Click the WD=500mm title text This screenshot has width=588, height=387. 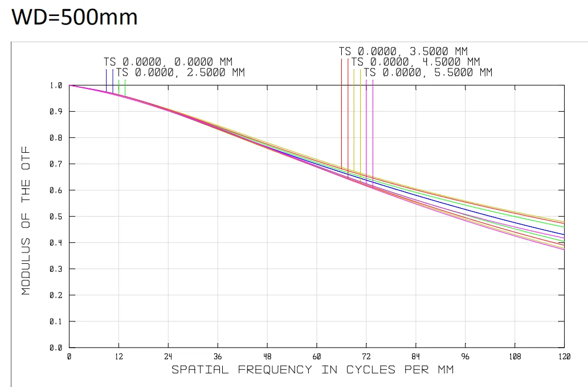(x=75, y=17)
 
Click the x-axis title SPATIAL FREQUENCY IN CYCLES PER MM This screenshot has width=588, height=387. (x=313, y=370)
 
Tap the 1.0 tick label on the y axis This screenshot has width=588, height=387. (x=56, y=85)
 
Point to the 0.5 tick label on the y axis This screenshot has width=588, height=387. (x=56, y=217)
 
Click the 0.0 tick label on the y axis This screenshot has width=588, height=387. (x=56, y=348)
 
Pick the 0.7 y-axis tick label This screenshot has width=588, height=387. (x=56, y=164)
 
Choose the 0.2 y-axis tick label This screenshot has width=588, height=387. (x=56, y=295)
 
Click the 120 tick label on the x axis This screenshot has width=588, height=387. (x=563, y=357)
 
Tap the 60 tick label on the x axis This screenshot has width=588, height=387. (x=316, y=357)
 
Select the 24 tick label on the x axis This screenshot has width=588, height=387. (x=168, y=357)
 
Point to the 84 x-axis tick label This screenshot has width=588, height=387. (x=415, y=357)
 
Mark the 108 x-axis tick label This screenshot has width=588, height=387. (x=514, y=357)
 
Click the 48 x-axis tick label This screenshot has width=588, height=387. (x=267, y=357)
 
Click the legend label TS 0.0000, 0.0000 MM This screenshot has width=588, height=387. (x=168, y=62)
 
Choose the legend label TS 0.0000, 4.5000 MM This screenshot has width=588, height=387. (x=416, y=62)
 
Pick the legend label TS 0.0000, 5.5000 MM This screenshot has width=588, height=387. (x=428, y=73)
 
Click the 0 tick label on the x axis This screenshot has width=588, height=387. (x=69, y=357)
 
